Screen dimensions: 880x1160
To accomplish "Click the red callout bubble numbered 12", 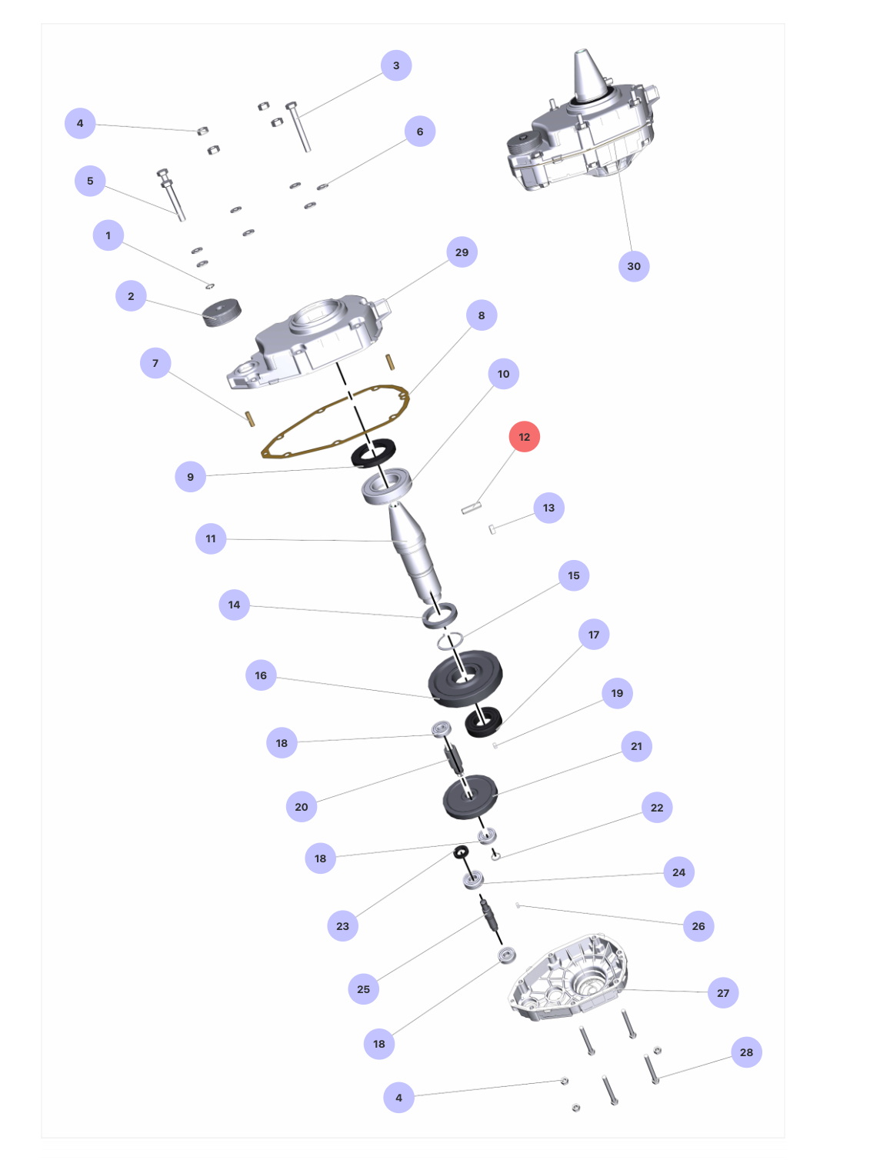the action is tap(524, 436).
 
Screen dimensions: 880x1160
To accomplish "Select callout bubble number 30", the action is tap(633, 266).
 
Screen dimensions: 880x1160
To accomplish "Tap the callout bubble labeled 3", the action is tap(396, 65).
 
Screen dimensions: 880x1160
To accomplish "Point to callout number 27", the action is tap(722, 992).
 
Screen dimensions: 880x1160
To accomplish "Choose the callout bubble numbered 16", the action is tap(261, 675).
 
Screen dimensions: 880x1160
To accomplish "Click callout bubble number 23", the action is tap(342, 925).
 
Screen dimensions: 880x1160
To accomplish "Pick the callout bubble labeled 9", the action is tap(190, 476).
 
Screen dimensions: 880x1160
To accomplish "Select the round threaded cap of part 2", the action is tap(222, 313).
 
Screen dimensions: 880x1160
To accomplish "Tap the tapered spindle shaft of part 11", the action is tap(415, 552).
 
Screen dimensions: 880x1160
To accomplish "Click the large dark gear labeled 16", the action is tap(465, 678).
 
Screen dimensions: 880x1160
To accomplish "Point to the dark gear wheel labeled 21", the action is tap(469, 796).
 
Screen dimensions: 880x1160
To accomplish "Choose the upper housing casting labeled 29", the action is tap(309, 341).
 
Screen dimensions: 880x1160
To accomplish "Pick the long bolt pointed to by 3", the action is tap(298, 127).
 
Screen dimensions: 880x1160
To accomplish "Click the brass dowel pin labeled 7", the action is tap(249, 418).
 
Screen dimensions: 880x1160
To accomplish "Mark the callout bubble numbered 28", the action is tap(745, 1052).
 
